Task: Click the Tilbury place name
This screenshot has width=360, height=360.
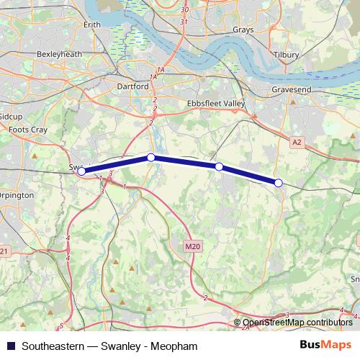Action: point(286,54)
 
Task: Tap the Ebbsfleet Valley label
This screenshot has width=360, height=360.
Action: point(216,103)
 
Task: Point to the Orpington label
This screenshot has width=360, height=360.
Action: point(17,194)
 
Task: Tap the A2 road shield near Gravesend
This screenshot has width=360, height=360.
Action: point(297,143)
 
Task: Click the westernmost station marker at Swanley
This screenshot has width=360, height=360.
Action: point(81,171)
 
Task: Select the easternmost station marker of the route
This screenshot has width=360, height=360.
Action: point(279,183)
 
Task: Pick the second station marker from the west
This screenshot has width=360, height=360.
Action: point(150,157)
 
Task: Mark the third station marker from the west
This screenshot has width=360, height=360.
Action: point(219,166)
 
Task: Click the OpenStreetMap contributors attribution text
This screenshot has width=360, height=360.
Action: point(297,323)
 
